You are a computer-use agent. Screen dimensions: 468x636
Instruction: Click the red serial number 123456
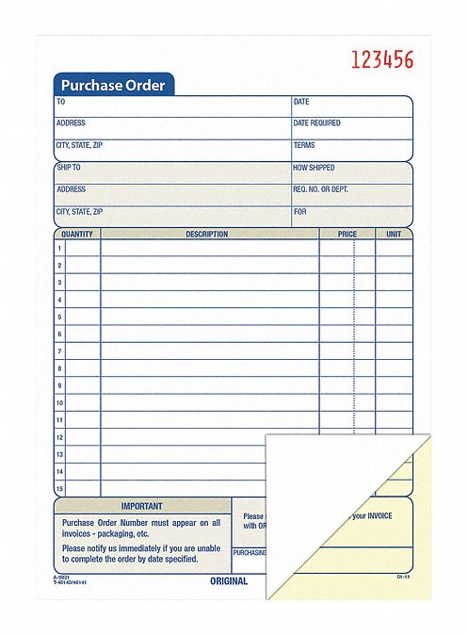(x=381, y=60)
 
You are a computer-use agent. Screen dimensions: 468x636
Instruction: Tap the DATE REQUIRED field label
(x=316, y=123)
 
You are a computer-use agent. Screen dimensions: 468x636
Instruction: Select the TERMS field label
(x=304, y=145)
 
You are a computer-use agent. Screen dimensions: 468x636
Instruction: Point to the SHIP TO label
(x=69, y=167)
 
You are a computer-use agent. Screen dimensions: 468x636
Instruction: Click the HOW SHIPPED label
(x=315, y=167)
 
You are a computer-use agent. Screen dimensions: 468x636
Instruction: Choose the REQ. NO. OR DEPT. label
(x=320, y=189)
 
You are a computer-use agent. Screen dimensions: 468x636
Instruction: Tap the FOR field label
(x=299, y=212)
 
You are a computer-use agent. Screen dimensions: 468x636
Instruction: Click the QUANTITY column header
(x=77, y=234)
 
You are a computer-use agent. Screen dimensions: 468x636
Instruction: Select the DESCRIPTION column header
(x=207, y=234)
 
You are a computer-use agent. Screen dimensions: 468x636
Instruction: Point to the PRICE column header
(x=347, y=234)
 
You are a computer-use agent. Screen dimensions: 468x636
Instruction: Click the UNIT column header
(x=394, y=234)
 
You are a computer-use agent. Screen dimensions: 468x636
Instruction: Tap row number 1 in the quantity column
(x=59, y=248)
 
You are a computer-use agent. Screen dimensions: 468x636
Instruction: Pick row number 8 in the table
(x=59, y=368)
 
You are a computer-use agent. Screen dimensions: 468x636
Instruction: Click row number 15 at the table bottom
(x=59, y=488)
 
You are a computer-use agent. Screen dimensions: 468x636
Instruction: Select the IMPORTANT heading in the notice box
(x=141, y=506)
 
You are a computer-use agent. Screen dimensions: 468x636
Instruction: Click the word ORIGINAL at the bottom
(x=228, y=581)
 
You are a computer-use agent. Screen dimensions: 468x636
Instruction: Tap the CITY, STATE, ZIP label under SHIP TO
(x=79, y=212)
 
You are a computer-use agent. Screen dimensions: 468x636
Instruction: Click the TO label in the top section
(x=61, y=101)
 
